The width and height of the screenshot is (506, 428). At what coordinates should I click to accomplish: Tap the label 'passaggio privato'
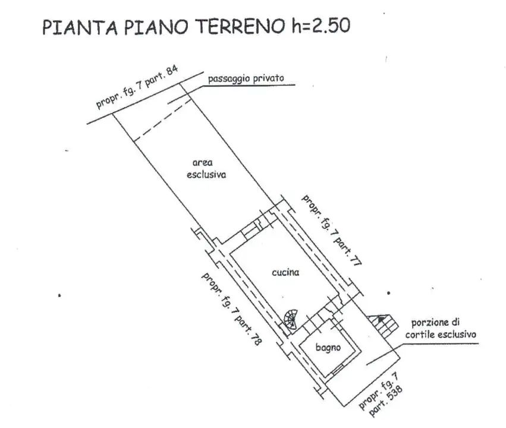tap(246, 78)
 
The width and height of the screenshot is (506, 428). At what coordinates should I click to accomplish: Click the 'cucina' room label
tap(285, 273)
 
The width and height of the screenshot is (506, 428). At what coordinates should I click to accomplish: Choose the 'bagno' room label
tap(328, 348)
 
